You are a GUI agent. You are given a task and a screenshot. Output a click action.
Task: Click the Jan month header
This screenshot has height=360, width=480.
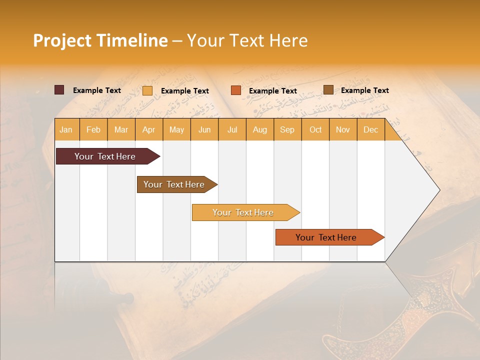pyautogui.click(x=66, y=129)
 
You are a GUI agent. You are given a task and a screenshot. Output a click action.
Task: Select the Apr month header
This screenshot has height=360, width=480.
pyautogui.click(x=148, y=129)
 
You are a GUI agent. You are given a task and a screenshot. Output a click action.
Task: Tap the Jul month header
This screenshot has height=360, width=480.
pyautogui.click(x=232, y=129)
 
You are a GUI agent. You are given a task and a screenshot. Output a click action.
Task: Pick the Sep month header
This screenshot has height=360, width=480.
pyautogui.click(x=287, y=129)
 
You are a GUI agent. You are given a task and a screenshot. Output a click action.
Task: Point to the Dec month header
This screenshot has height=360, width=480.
pyautogui.click(x=370, y=129)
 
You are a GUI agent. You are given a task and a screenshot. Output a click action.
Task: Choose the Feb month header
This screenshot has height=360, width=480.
pyautogui.click(x=93, y=129)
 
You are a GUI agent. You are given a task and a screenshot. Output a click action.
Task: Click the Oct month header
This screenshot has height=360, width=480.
pyautogui.click(x=315, y=129)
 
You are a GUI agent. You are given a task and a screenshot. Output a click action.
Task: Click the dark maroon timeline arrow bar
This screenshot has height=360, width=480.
pyautogui.click(x=105, y=156)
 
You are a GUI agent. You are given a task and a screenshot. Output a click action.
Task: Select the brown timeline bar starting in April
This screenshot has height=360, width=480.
pyautogui.click(x=174, y=184)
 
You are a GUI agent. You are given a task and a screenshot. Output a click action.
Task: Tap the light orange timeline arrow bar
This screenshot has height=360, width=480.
pyautogui.click(x=243, y=212)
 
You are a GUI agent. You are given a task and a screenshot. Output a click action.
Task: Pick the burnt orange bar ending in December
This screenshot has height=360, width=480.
pyautogui.click(x=326, y=237)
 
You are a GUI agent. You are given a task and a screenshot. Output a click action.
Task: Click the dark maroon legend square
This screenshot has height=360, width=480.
pyautogui.click(x=59, y=90)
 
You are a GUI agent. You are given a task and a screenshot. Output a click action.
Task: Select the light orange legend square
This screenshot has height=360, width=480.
pyautogui.click(x=147, y=90)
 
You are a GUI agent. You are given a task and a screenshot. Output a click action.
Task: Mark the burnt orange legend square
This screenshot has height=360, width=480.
pyautogui.click(x=236, y=90)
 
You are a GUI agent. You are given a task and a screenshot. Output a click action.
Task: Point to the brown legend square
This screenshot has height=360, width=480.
pyautogui.click(x=328, y=90)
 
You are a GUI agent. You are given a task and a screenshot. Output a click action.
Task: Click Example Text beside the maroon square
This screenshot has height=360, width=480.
pyautogui.click(x=97, y=90)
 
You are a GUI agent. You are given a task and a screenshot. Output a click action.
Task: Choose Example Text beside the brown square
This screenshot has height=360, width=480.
pyautogui.click(x=365, y=90)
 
